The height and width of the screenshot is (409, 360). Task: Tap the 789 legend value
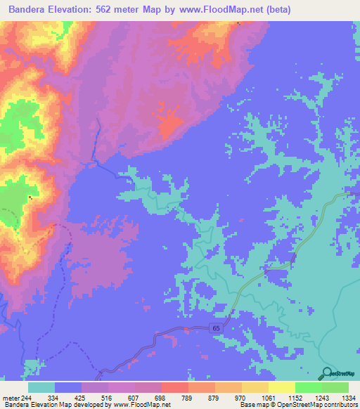pos(188,398)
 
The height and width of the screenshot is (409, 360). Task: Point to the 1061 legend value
pos(268,398)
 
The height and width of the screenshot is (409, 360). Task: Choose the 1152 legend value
pos(295,398)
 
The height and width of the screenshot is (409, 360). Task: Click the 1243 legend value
pos(321,398)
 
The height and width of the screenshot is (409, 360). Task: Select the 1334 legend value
pos(347,398)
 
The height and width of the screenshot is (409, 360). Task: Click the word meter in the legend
pos(10,398)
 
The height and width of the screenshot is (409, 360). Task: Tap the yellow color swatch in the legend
pos(281,387)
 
